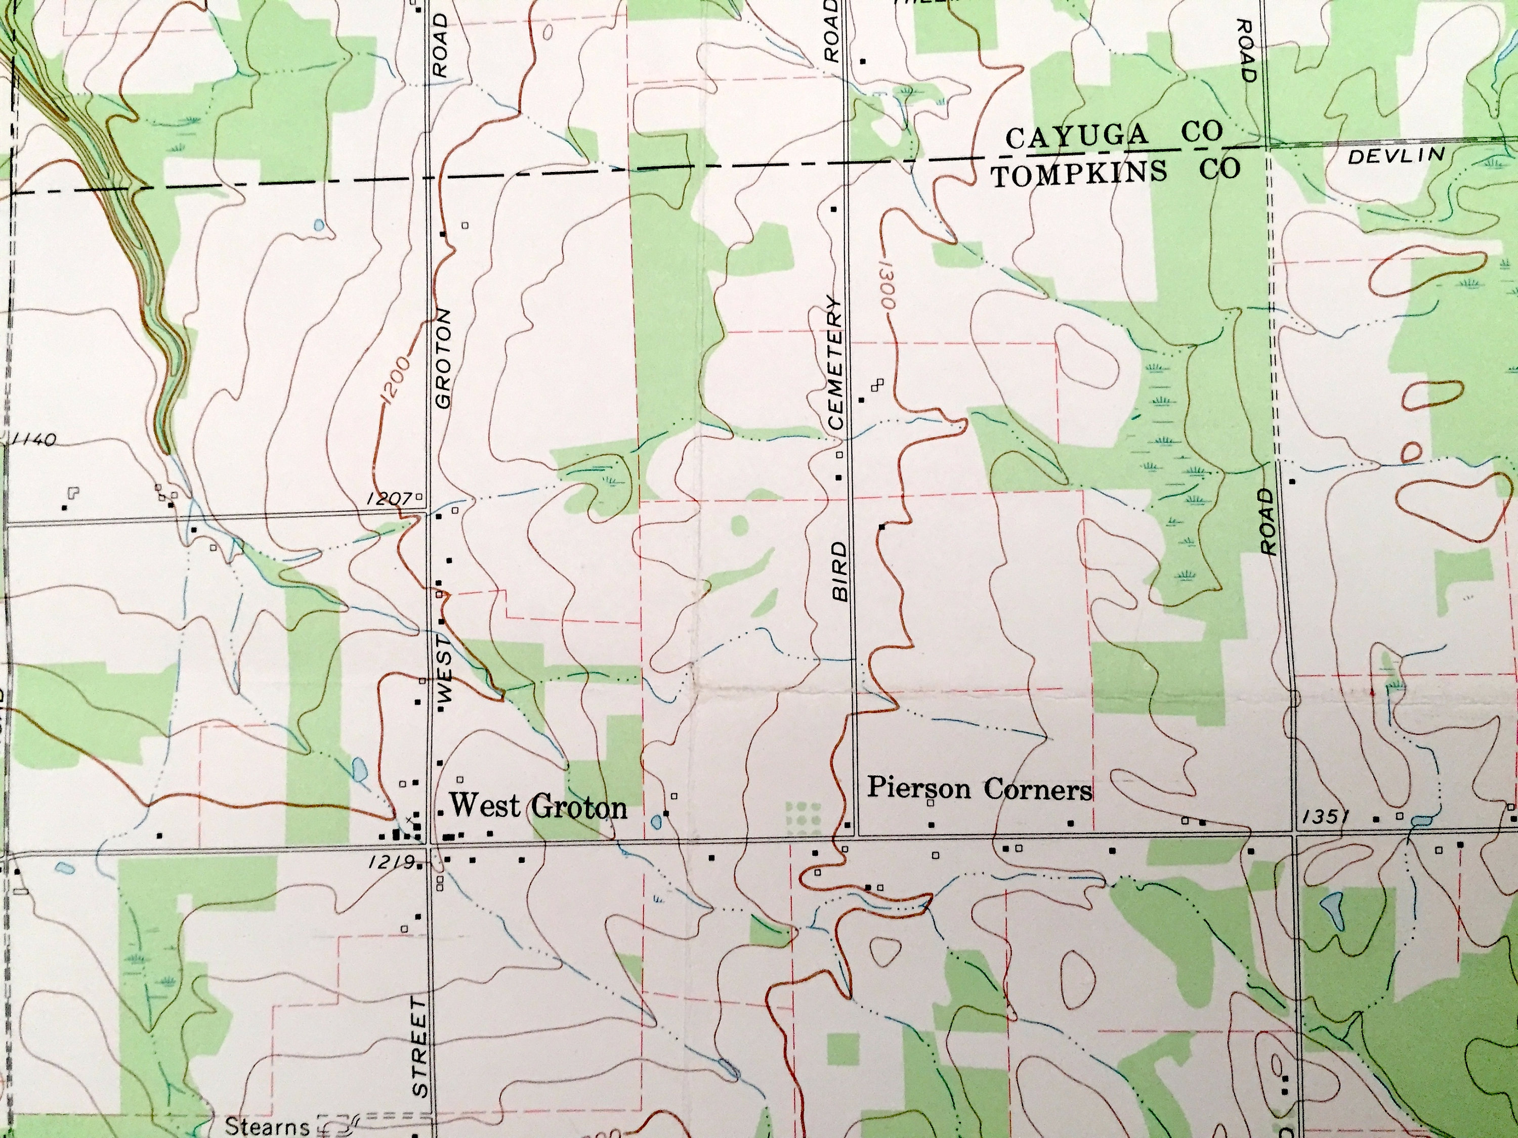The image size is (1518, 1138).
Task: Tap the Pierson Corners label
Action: pyautogui.click(x=979, y=789)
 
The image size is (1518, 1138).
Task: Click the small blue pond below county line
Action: pyautogui.click(x=318, y=224)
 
